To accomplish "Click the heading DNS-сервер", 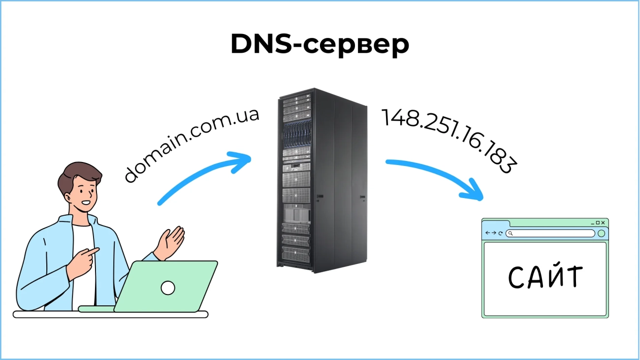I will tap(320, 45).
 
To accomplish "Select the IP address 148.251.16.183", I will tap(449, 140).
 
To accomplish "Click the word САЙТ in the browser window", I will tap(545, 278).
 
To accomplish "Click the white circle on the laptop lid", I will tap(168, 288).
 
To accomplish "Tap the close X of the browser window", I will tap(603, 223).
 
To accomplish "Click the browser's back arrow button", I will tap(488, 233).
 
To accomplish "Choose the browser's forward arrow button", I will tap(494, 233).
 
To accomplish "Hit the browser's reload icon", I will tap(501, 233).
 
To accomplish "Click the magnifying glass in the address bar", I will tap(511, 233).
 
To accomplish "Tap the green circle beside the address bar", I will tap(601, 233).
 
